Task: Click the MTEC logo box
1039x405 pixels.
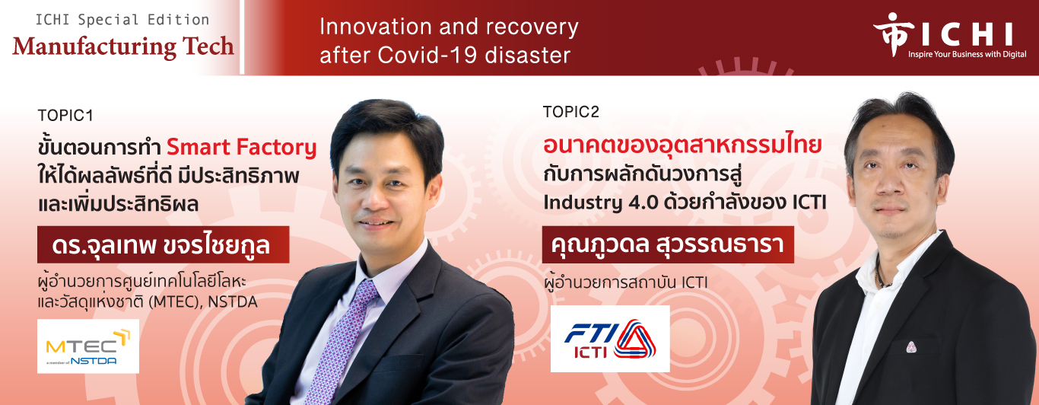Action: tap(88, 346)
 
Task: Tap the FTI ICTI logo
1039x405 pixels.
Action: tap(610, 339)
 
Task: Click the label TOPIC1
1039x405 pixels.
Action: tap(65, 115)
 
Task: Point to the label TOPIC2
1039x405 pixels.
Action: tap(571, 111)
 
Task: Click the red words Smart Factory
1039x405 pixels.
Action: tap(242, 147)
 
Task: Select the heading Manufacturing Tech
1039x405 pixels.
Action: tap(123, 47)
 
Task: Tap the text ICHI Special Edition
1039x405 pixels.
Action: tap(122, 20)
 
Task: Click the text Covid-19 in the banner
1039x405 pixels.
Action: tap(427, 56)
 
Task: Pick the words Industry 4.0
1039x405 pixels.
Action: tap(601, 203)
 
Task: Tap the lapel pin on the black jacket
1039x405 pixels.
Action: tap(911, 347)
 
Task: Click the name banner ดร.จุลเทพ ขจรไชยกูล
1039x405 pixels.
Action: tap(164, 245)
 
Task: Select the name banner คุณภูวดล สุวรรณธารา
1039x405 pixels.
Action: tap(668, 244)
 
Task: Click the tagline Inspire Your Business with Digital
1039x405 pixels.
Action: tap(967, 54)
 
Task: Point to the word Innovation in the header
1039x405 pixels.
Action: tap(376, 27)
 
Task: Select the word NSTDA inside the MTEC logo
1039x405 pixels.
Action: tap(94, 361)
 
